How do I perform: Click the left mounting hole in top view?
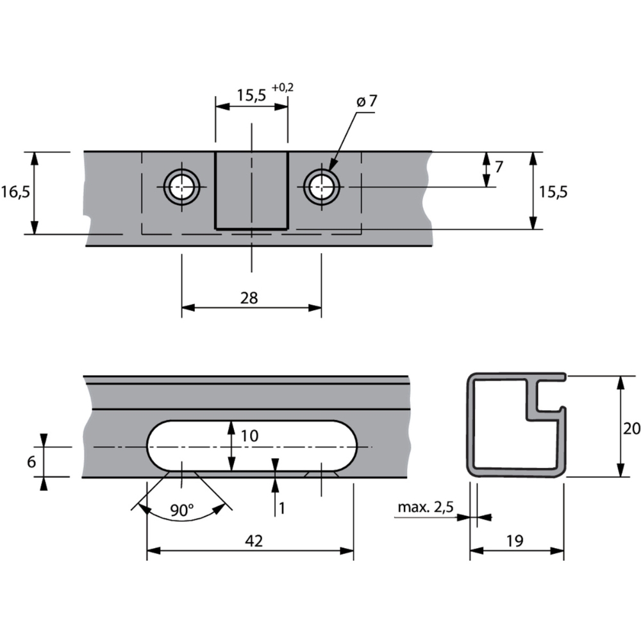coord(182,187)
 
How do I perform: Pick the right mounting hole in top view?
coord(321,187)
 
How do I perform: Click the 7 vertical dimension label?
coord(499,167)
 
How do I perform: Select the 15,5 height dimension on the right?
coord(553,191)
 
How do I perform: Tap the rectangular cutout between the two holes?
coord(251,190)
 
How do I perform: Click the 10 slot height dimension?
coord(249,436)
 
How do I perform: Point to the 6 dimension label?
coord(31,461)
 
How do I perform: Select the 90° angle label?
coord(182,511)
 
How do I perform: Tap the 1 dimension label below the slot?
coord(281,508)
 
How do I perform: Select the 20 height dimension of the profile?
coord(631,429)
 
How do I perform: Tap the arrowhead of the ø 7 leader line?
coord(331,167)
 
